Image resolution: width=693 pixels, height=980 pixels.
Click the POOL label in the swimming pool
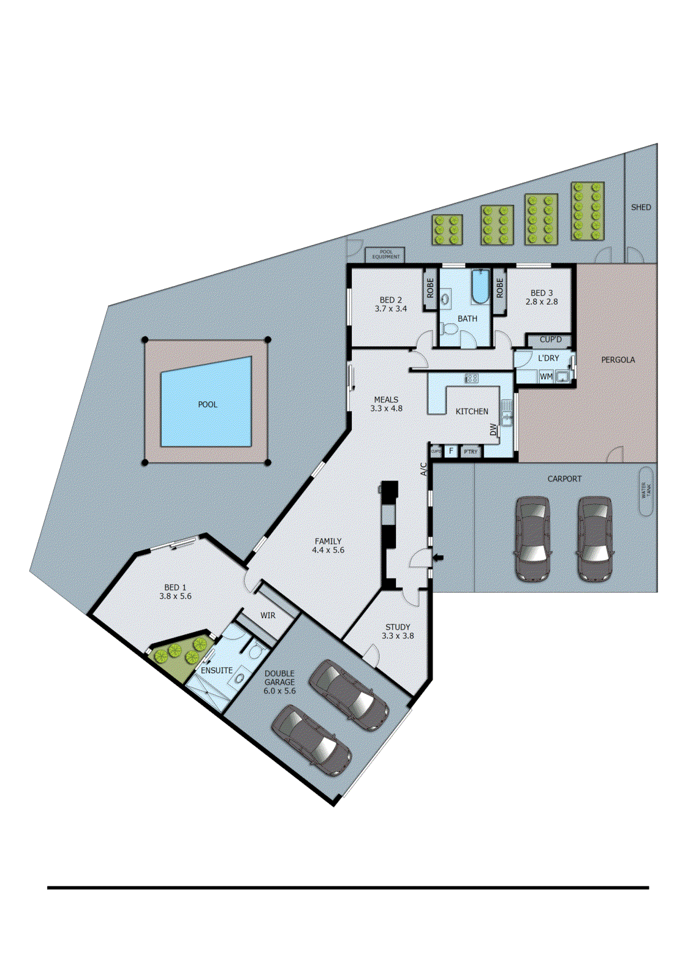(x=208, y=404)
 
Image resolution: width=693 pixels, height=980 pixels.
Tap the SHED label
(x=641, y=208)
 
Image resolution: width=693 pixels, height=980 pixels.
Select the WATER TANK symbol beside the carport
(x=646, y=491)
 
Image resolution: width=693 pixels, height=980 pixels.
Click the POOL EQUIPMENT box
(x=385, y=254)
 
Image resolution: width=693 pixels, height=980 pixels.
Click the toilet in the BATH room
(x=450, y=330)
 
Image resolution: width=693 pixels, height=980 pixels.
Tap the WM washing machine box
(x=546, y=377)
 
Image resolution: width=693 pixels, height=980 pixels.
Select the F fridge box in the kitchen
(x=452, y=451)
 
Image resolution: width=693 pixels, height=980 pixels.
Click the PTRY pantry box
(x=471, y=452)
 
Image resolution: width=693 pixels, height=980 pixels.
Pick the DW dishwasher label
(x=494, y=430)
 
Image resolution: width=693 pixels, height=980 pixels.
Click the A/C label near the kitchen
(x=423, y=469)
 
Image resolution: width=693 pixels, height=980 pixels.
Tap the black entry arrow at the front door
(x=437, y=557)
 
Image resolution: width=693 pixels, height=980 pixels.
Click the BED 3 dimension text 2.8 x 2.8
(x=542, y=302)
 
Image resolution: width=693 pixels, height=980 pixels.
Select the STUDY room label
(x=398, y=627)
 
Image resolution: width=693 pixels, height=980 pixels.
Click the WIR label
(x=268, y=616)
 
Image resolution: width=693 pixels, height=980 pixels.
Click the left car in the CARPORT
(x=532, y=538)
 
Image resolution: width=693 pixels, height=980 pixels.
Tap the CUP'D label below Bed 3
(x=550, y=339)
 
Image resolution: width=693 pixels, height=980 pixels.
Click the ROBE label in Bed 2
(x=430, y=288)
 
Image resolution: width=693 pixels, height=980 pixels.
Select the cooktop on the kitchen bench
(x=471, y=379)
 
